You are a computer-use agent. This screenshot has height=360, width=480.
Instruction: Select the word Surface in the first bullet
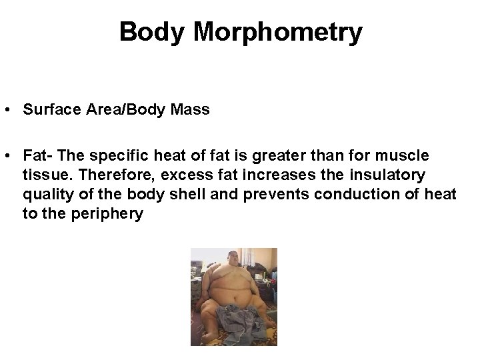coord(49,109)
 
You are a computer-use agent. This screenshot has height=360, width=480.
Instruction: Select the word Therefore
coord(92,175)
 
